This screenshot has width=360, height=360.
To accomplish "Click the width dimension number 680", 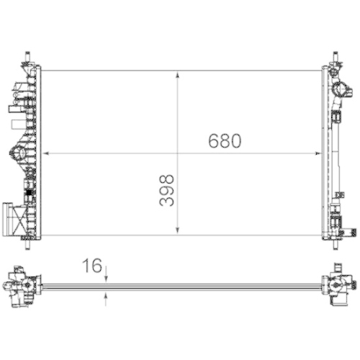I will (224, 141).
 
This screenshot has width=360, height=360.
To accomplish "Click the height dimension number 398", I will (166, 190).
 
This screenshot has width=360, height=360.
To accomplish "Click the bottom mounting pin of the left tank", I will (29, 243).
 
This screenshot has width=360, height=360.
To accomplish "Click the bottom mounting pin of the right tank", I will (335, 243).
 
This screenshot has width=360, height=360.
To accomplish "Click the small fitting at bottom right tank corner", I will (348, 231).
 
